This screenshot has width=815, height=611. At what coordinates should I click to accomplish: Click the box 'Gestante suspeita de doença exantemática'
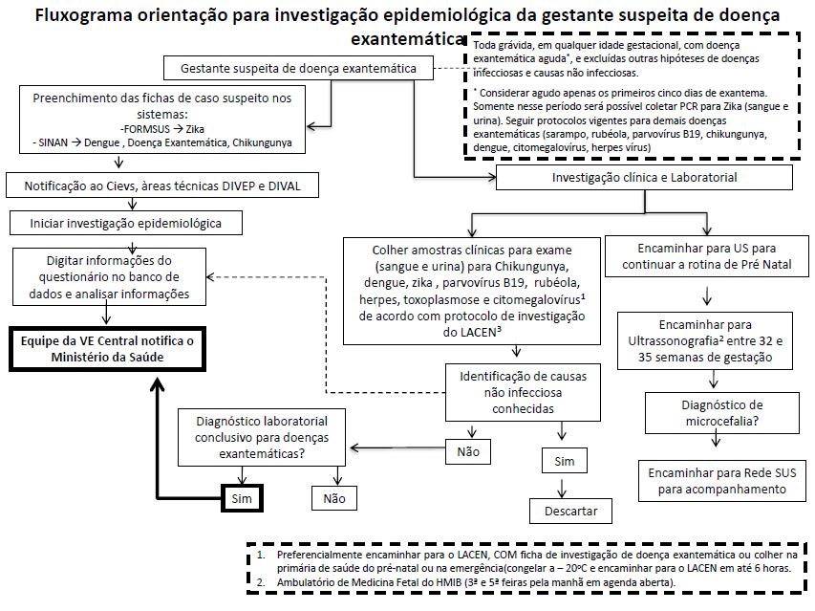tap(298, 69)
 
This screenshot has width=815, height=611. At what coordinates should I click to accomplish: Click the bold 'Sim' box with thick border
tap(242, 498)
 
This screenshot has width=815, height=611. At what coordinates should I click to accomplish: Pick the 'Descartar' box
tap(571, 510)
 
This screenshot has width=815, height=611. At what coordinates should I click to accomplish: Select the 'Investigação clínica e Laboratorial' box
tap(645, 178)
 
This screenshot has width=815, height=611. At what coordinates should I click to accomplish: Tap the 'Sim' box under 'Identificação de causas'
tap(564, 462)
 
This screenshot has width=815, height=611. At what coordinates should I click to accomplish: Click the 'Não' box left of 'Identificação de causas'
tap(468, 450)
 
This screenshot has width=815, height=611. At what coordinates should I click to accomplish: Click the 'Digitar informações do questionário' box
tap(110, 277)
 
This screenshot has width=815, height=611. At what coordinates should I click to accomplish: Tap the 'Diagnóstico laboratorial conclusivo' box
tap(261, 438)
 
